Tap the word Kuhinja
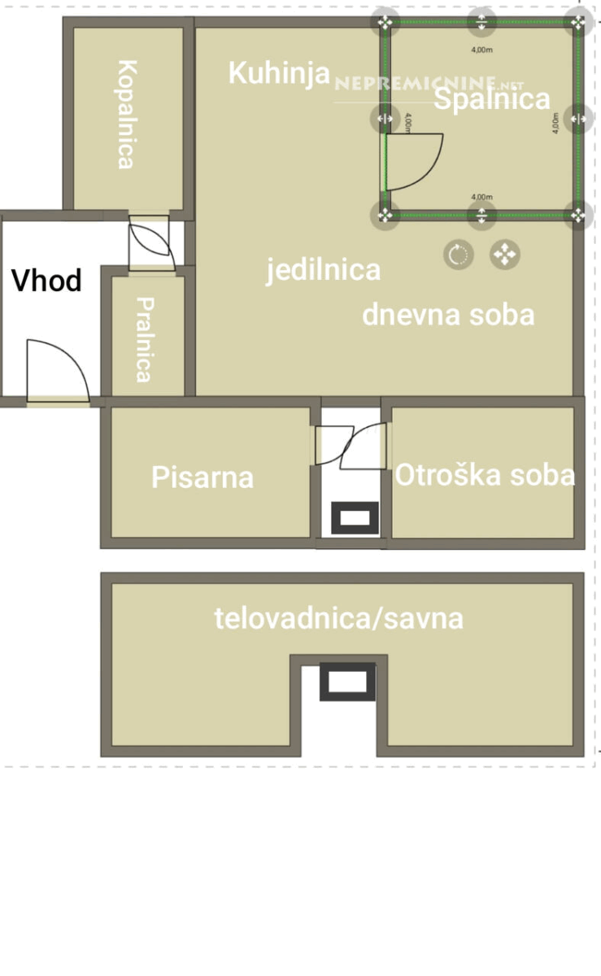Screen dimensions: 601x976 point(280,73)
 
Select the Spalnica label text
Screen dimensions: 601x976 point(492,98)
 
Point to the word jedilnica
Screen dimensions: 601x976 point(323,271)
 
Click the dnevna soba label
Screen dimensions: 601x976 point(448,315)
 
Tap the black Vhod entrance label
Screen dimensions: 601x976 point(46,280)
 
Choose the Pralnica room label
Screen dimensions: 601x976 point(145,340)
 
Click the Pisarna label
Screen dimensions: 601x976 point(203,477)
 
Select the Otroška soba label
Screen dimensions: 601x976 point(485,474)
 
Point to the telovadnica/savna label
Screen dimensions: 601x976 point(338,618)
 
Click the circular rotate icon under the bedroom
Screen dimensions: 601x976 point(459,255)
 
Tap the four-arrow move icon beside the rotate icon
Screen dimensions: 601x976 point(505,255)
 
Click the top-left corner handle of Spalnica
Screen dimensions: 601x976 point(385,22)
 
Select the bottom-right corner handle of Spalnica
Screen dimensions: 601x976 point(578,215)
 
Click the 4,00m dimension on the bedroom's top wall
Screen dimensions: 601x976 point(481,50)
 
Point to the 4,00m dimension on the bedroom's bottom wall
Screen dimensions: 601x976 point(481,197)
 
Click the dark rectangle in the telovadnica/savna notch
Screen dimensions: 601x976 point(347,682)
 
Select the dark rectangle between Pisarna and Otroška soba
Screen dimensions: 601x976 point(355,518)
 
